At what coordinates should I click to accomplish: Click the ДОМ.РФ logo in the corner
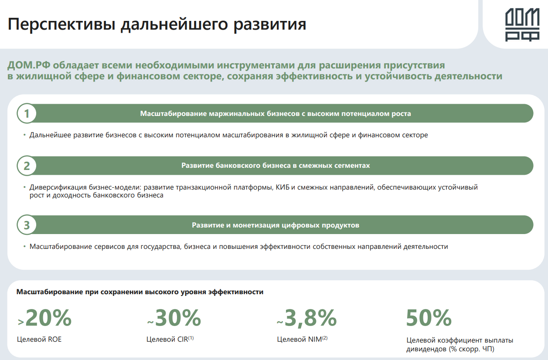pyautogui.click(x=522, y=25)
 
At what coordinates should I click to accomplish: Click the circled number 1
pyautogui.click(x=27, y=114)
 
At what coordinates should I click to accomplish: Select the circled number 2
pyautogui.click(x=27, y=166)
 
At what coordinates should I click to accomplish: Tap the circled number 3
pyautogui.click(x=27, y=225)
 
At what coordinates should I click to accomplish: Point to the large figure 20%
pyautogui.click(x=48, y=318)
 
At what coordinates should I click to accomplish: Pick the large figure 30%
pyautogui.click(x=178, y=318)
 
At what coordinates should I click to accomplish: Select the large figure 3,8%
pyautogui.click(x=310, y=318)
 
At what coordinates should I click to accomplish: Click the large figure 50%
pyautogui.click(x=429, y=318)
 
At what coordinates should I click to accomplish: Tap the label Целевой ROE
pyautogui.click(x=39, y=339)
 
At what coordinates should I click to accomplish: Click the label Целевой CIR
pyautogui.click(x=167, y=339)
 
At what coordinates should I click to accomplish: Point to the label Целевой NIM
pyautogui.click(x=299, y=339)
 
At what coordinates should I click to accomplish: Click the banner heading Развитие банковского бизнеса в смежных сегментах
pyautogui.click(x=276, y=166)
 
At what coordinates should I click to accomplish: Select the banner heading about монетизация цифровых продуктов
pyautogui.click(x=276, y=225)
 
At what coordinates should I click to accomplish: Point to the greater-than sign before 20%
pyautogui.click(x=20, y=322)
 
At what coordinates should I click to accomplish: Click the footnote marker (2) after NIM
pyautogui.click(x=324, y=337)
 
